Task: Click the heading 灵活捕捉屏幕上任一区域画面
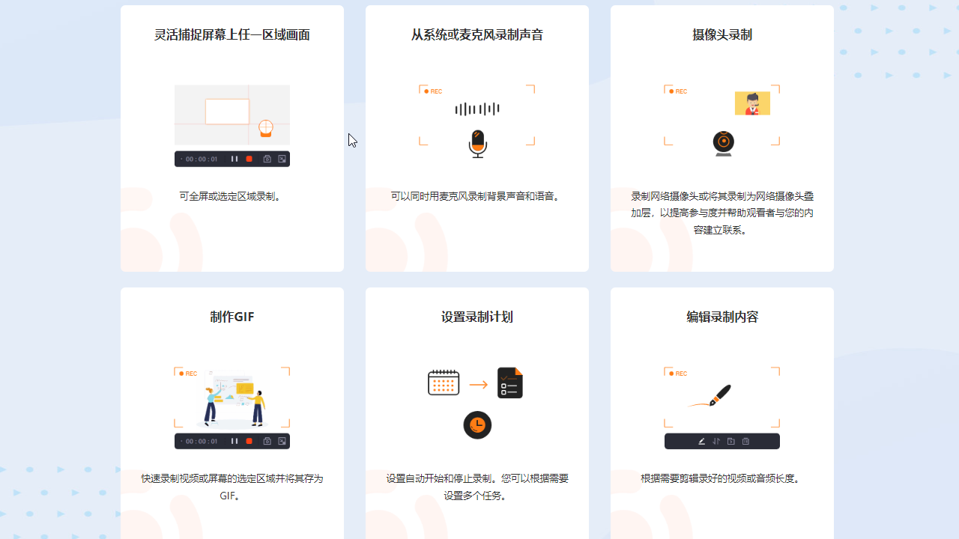pos(232,35)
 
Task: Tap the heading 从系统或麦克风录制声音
pos(477,35)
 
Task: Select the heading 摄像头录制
pos(721,35)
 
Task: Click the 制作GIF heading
pos(232,317)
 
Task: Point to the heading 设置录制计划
pos(477,317)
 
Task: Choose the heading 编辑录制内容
pos(721,317)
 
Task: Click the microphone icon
pos(477,143)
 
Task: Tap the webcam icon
pos(723,142)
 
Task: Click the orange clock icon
pos(477,425)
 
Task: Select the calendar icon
pos(444,383)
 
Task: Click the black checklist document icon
pos(509,383)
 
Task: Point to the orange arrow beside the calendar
pos(478,385)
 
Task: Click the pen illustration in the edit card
pos(712,396)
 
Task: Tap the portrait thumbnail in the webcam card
pos(752,103)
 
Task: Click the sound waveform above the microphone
pos(477,109)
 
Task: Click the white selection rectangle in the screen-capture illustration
pos(227,112)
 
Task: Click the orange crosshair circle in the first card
pos(265,127)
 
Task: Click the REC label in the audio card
pos(433,91)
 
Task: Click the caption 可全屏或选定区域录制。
pos(232,197)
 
